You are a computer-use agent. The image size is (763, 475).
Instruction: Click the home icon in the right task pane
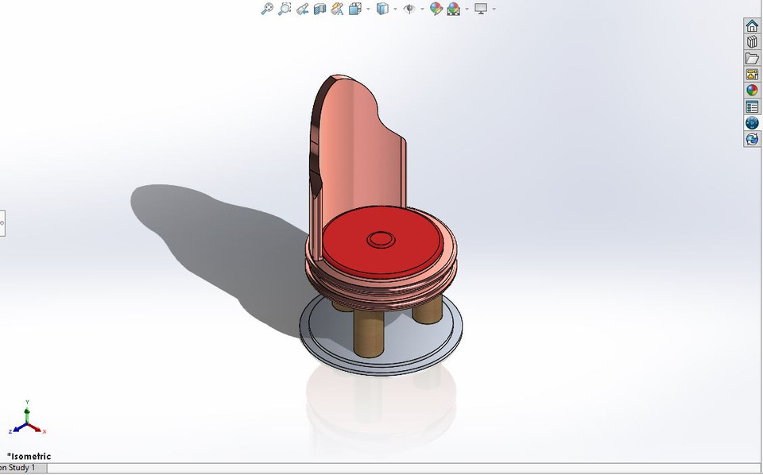752,26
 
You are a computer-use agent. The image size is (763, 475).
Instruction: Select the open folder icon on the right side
752,58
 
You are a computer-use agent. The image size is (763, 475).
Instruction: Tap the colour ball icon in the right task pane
752,91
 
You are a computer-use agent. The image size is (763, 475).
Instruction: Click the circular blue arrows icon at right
752,139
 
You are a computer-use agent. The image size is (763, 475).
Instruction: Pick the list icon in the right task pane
752,106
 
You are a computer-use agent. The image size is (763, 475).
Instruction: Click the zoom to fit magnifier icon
267,9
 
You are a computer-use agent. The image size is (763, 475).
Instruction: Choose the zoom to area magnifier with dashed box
285,9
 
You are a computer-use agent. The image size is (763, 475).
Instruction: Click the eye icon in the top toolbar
409,9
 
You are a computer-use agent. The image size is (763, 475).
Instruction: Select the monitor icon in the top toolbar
480,9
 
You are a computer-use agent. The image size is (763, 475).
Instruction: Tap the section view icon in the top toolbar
320,9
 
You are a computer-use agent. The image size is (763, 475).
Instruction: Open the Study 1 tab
19,468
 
